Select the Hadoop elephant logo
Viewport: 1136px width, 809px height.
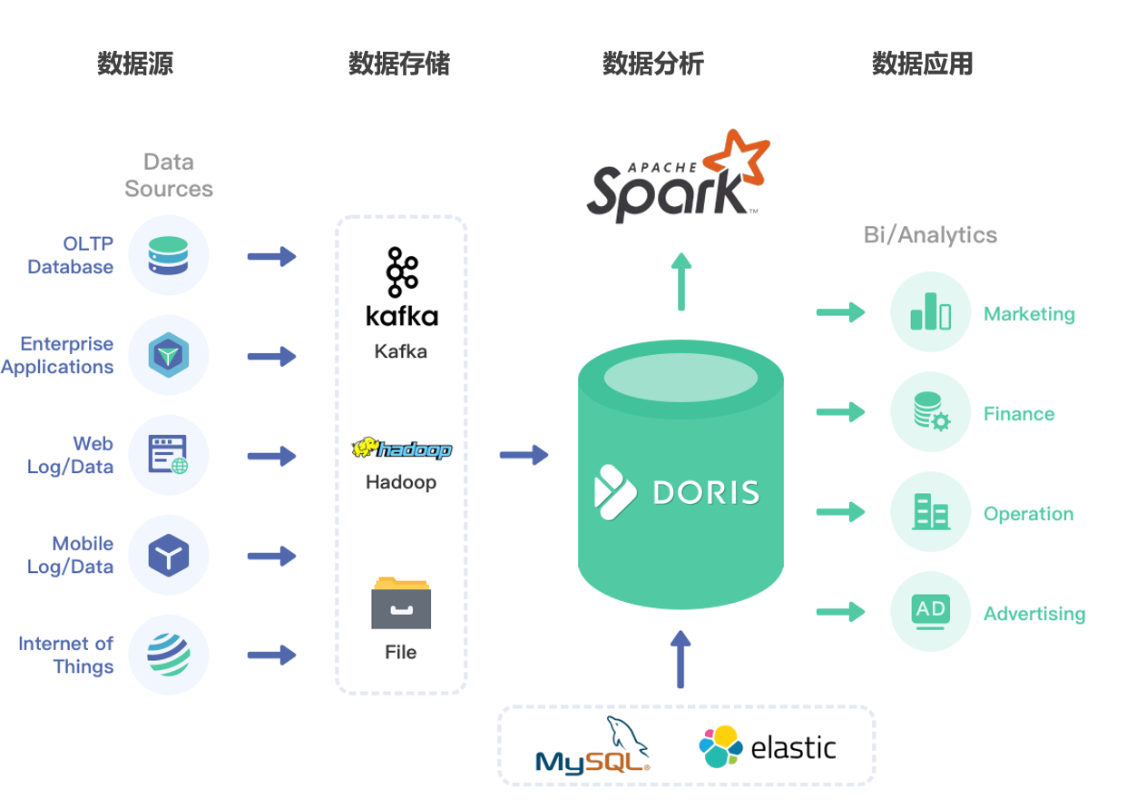[x=401, y=449]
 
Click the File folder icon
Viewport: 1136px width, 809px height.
[x=401, y=603]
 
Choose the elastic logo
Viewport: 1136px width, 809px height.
[x=768, y=747]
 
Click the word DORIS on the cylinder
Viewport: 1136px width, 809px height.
[x=706, y=492]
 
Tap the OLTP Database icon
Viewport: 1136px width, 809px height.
[x=169, y=256]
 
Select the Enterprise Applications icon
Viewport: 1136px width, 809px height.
[x=169, y=355]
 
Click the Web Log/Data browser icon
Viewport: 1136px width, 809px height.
[x=169, y=455]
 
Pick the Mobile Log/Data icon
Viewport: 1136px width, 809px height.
[x=169, y=555]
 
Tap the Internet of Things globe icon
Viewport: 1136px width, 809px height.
[x=169, y=655]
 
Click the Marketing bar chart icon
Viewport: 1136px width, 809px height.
[x=931, y=312]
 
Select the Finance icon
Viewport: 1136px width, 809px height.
[x=931, y=412]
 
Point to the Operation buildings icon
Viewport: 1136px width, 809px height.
[x=931, y=512]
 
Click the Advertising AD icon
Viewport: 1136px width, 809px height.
[x=931, y=612]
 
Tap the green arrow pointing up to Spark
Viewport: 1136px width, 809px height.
[x=681, y=281]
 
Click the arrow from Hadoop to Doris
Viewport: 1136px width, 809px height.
[x=524, y=454]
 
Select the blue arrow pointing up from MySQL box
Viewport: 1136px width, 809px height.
[x=680, y=658]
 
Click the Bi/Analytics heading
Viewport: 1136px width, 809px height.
[x=930, y=235]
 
